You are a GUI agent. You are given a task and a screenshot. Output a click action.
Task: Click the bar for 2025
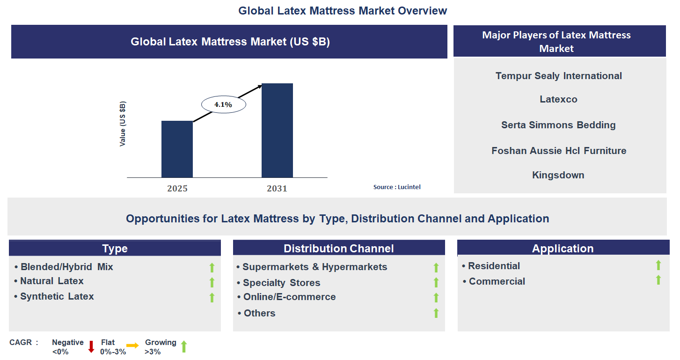click(x=177, y=149)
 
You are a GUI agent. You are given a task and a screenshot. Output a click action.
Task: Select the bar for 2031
click(x=277, y=130)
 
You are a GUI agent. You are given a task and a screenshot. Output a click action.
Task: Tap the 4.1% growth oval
click(x=223, y=105)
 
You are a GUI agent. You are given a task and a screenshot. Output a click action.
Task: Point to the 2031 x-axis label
click(x=277, y=189)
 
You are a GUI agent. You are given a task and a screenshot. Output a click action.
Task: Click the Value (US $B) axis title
click(x=123, y=124)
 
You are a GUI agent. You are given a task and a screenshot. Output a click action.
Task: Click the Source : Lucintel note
click(x=397, y=187)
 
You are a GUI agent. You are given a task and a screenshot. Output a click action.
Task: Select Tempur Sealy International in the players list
click(x=559, y=76)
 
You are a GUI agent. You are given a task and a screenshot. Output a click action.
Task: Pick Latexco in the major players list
click(x=558, y=99)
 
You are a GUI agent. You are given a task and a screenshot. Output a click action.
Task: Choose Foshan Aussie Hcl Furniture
click(x=559, y=151)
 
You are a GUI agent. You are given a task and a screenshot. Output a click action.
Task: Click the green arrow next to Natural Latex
click(x=212, y=282)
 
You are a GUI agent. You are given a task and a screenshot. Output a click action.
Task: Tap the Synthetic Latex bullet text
click(x=57, y=296)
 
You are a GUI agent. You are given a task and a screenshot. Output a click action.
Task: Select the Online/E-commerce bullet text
click(x=289, y=297)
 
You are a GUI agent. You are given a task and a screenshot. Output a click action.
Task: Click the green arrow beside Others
click(x=436, y=313)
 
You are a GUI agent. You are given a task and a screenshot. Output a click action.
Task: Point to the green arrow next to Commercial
click(x=658, y=280)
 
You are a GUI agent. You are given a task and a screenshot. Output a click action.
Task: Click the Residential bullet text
click(x=494, y=266)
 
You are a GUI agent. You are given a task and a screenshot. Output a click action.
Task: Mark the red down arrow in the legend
click(x=91, y=347)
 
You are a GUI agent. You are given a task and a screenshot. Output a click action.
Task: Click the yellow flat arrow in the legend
click(x=132, y=345)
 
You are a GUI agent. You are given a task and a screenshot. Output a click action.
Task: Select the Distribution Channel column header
click(x=339, y=248)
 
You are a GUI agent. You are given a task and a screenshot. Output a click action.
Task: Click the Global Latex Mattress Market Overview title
click(x=343, y=10)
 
